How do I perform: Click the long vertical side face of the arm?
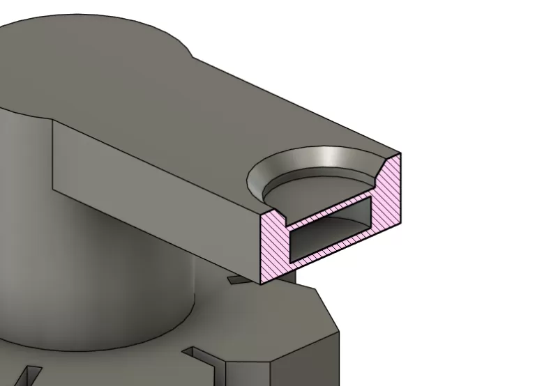pyautogui.click(x=153, y=188)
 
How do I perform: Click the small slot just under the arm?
pyautogui.click(x=237, y=280)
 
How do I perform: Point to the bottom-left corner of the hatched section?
pyautogui.click(x=261, y=282)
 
